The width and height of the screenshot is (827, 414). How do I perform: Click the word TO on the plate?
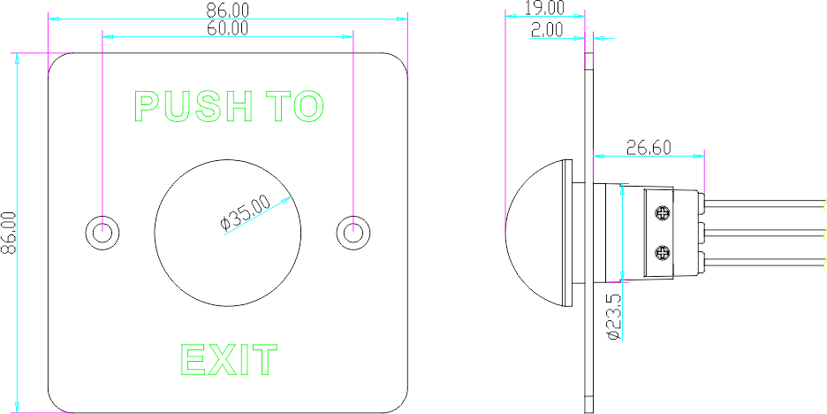click(x=296, y=106)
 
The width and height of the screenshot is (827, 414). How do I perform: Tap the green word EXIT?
click(x=229, y=360)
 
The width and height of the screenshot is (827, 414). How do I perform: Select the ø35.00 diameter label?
click(x=246, y=213)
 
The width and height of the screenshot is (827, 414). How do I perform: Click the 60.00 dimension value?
click(x=228, y=28)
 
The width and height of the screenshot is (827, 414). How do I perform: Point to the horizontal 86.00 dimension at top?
click(x=228, y=10)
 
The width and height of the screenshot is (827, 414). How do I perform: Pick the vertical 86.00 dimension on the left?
click(x=9, y=233)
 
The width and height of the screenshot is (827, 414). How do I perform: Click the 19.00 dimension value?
click(x=544, y=8)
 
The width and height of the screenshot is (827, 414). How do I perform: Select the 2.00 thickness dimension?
click(x=547, y=30)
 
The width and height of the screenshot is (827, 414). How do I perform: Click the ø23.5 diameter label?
click(x=614, y=317)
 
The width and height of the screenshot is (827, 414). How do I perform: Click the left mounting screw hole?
click(x=102, y=231)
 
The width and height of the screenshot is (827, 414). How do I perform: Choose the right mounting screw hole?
click(x=353, y=231)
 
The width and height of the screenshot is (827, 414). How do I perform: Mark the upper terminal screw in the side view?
click(x=662, y=212)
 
